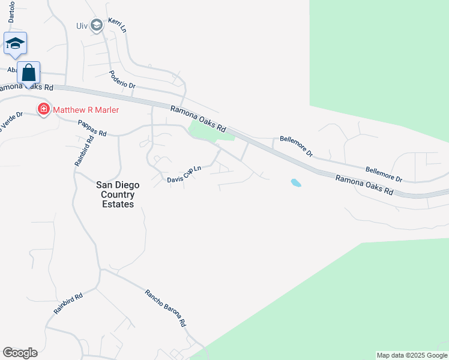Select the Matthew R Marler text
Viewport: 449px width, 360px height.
86,110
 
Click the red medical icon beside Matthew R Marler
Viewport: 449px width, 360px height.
43,110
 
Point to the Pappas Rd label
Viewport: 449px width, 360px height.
92,128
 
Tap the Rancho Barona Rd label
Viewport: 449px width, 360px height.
166,308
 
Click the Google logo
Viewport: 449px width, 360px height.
20,353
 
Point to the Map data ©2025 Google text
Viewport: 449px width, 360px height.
412,355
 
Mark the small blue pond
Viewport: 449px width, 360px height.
295,182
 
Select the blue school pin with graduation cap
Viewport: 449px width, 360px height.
15,43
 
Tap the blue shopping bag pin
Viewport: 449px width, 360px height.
29,73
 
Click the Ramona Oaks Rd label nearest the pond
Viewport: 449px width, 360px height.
364,185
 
